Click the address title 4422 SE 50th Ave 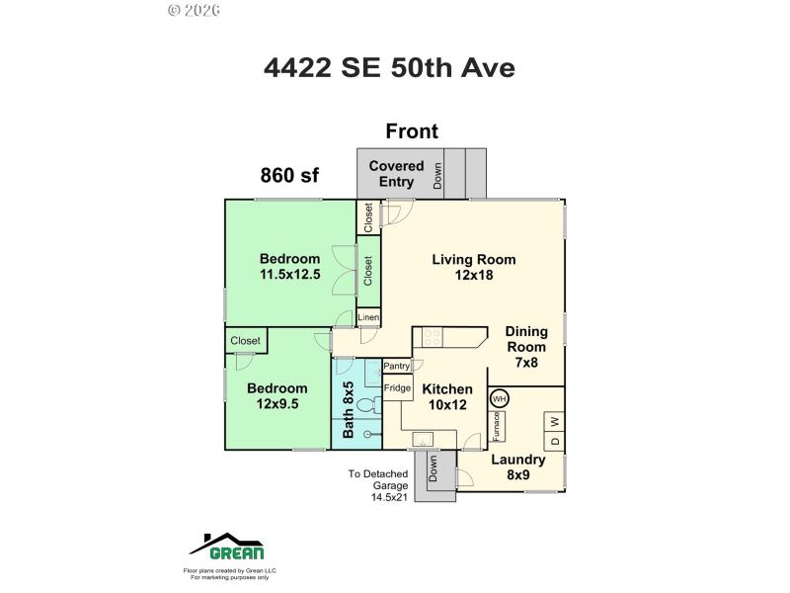click(389, 67)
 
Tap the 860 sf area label click(289, 176)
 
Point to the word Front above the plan click(412, 131)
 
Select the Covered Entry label click(396, 174)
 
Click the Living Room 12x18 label click(474, 267)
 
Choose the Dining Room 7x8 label click(526, 347)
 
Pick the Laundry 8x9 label click(518, 467)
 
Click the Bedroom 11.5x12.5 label click(290, 267)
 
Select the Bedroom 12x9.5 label click(276, 396)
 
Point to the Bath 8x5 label click(348, 410)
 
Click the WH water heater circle click(499, 399)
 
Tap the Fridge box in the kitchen click(397, 388)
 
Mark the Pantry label click(397, 366)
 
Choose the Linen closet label click(368, 317)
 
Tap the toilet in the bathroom click(367, 404)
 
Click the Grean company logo click(227, 547)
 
